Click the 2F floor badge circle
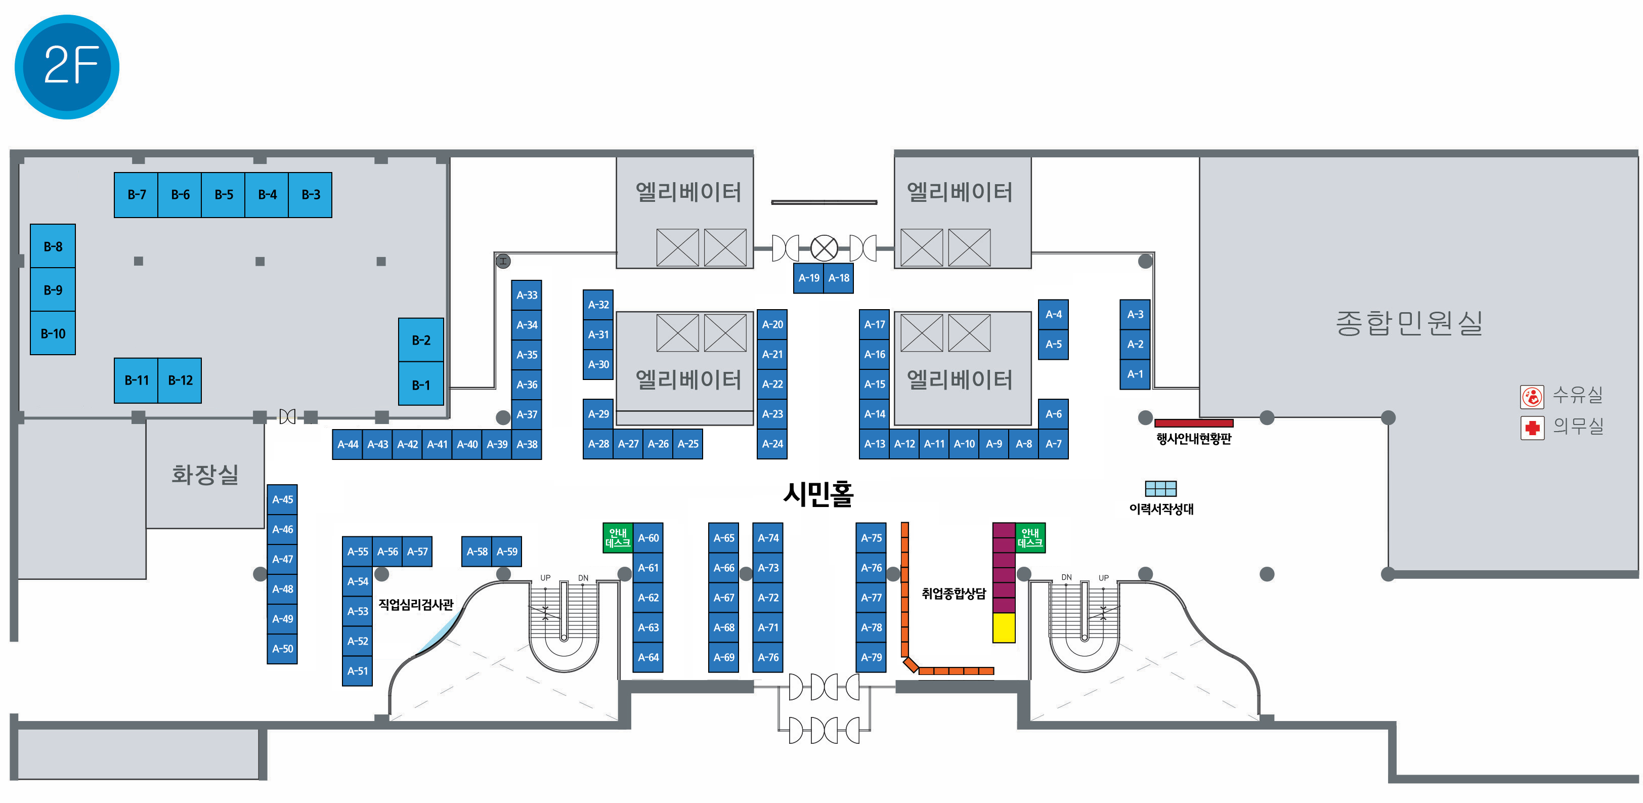click(x=67, y=66)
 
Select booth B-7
click(x=136, y=194)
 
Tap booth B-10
click(x=53, y=333)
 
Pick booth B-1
click(x=421, y=385)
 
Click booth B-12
click(x=180, y=380)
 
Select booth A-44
click(x=348, y=444)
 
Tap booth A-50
click(x=283, y=649)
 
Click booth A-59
click(x=507, y=552)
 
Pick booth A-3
click(x=1135, y=314)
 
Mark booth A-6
click(x=1053, y=414)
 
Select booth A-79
click(x=871, y=657)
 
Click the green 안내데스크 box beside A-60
click(x=618, y=538)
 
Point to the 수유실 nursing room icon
click(x=1532, y=396)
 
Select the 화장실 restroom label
click(x=205, y=474)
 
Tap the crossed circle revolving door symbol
click(x=824, y=248)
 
